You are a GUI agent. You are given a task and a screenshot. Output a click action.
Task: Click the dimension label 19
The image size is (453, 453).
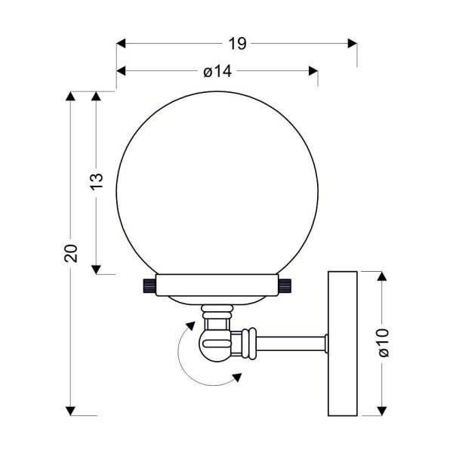coord(237,44)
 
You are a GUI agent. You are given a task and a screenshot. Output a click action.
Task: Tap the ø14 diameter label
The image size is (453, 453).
coord(217,71)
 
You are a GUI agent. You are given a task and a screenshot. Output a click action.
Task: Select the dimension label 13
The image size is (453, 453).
coord(97,181)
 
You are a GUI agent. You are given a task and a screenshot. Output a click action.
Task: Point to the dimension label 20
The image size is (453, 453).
coord(71,254)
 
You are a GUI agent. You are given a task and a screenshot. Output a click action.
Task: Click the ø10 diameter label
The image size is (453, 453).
coord(384,342)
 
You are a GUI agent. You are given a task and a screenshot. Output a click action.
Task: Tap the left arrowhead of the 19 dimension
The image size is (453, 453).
coord(121,44)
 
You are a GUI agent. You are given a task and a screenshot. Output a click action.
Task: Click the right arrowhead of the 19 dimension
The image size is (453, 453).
coord(353,44)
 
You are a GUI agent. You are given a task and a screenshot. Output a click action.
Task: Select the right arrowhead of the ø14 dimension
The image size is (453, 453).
coord(313,71)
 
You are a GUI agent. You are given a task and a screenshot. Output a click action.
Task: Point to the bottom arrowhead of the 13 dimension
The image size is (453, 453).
coord(96,270)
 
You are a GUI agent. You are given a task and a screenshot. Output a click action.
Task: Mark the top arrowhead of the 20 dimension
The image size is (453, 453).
coord(70,96)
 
